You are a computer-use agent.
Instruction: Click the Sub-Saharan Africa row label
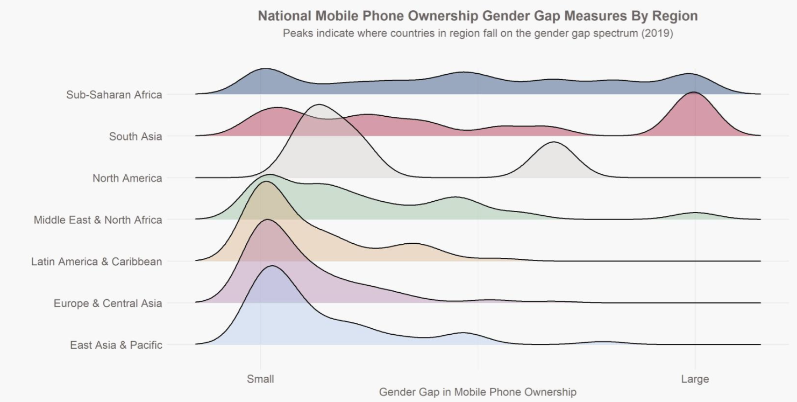tap(114, 95)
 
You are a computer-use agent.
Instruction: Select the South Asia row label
tap(135, 137)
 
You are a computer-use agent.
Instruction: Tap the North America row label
tap(127, 178)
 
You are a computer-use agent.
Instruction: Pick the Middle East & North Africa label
tap(97, 220)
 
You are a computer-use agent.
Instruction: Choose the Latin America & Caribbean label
tap(96, 262)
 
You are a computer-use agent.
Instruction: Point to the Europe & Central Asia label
tap(108, 304)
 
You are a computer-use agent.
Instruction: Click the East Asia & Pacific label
tap(116, 345)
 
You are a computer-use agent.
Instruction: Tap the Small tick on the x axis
tap(260, 379)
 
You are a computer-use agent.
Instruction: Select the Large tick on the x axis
tap(695, 379)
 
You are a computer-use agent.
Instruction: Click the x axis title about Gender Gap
tap(478, 392)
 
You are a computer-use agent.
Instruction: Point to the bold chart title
tap(478, 16)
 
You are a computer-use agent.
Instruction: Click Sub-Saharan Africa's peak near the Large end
tap(688, 74)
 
